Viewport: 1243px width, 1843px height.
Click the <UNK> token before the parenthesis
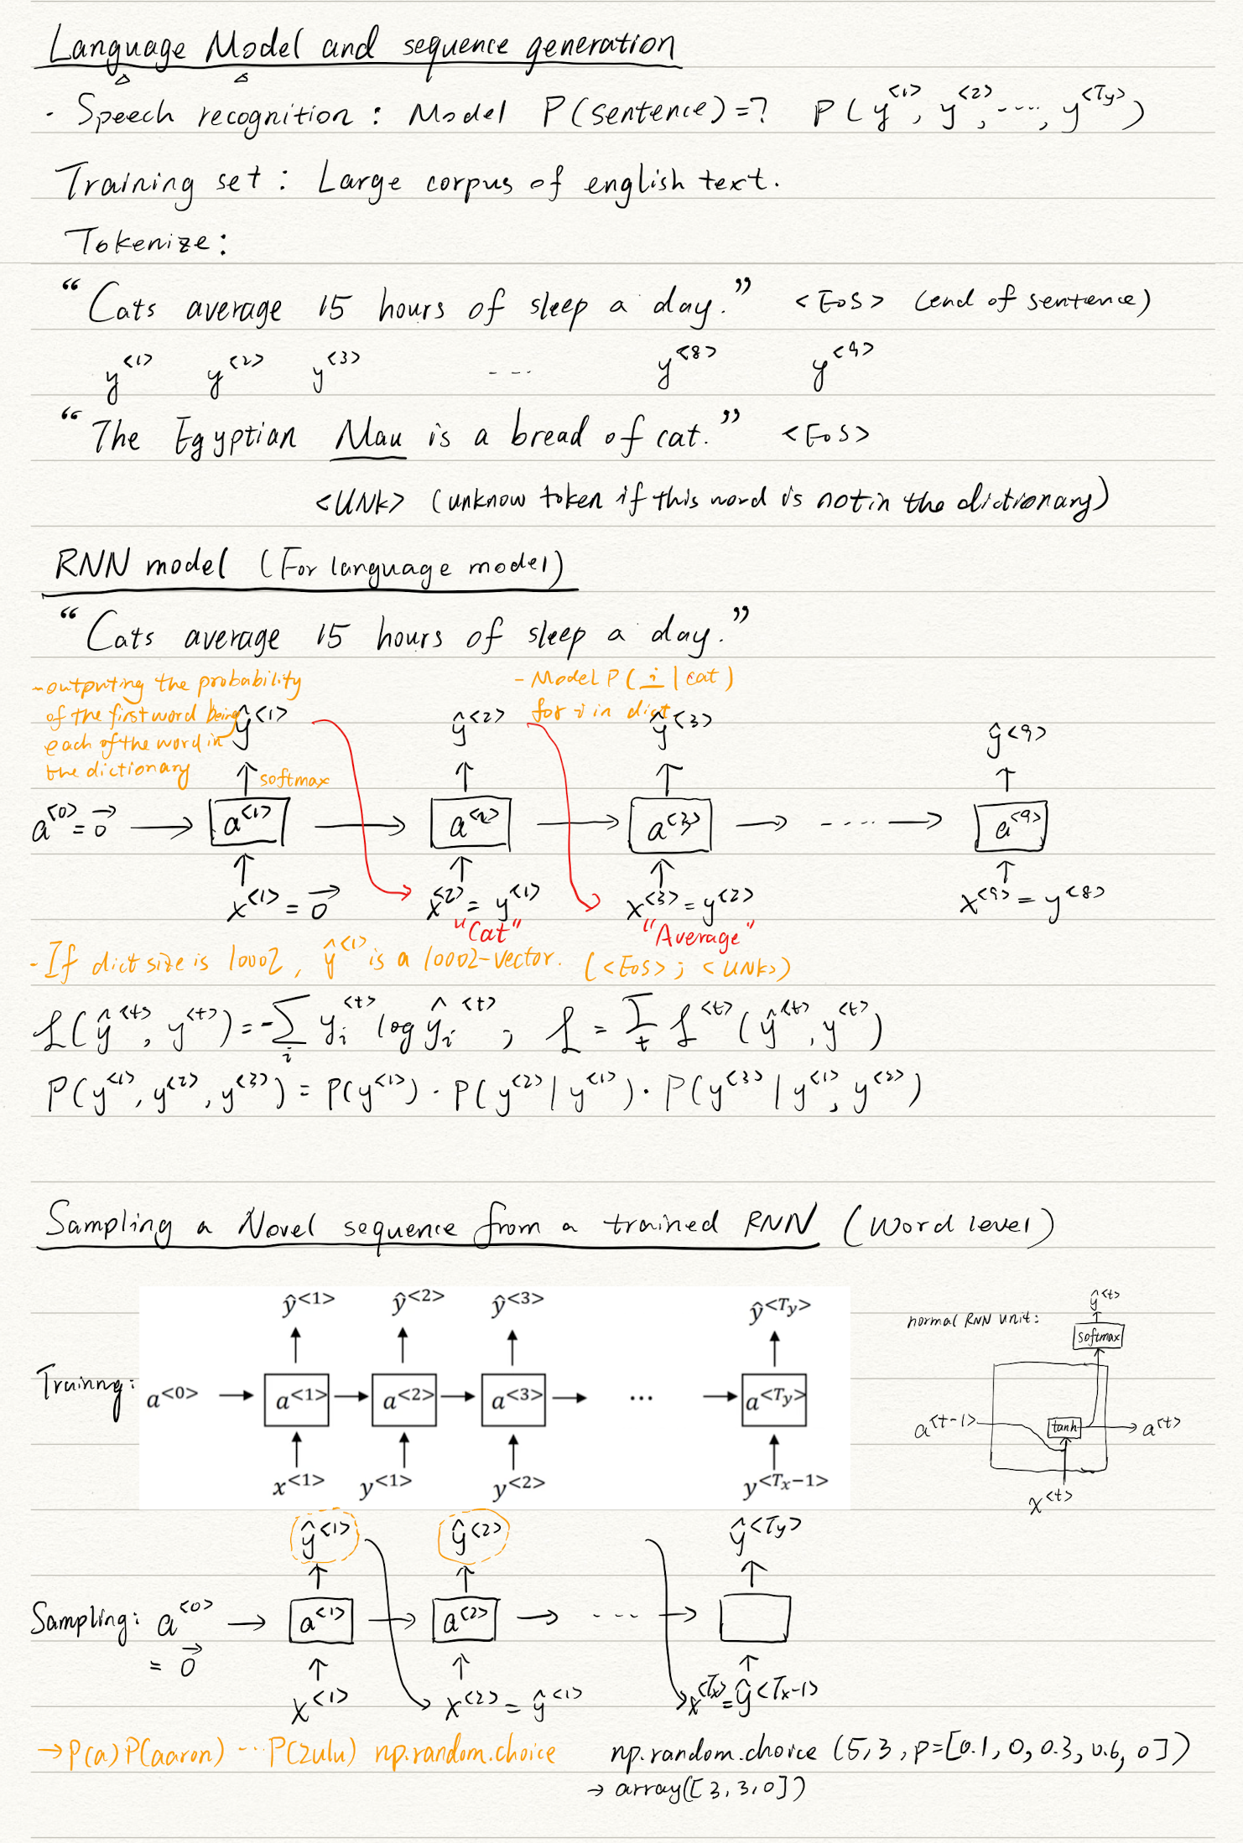pyautogui.click(x=360, y=501)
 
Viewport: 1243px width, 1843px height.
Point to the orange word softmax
pyautogui.click(x=293, y=780)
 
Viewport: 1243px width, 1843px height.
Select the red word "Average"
pyautogui.click(x=698, y=935)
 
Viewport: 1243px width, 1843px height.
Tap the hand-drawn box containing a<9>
pyautogui.click(x=1011, y=827)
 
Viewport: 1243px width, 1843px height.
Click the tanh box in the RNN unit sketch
pyautogui.click(x=1064, y=1426)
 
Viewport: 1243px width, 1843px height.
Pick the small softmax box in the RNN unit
pyautogui.click(x=1098, y=1337)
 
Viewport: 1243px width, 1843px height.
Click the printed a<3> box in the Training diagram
pyautogui.click(x=513, y=1399)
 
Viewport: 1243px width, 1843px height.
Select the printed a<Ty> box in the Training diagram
pyautogui.click(x=774, y=1399)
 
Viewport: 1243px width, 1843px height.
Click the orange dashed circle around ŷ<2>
pyautogui.click(x=474, y=1535)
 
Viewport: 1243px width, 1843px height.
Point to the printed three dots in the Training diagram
pyautogui.click(x=641, y=1399)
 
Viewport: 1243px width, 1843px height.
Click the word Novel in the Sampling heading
pyautogui.click(x=276, y=1226)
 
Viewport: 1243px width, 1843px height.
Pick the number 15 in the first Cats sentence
pyautogui.click(x=331, y=308)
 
